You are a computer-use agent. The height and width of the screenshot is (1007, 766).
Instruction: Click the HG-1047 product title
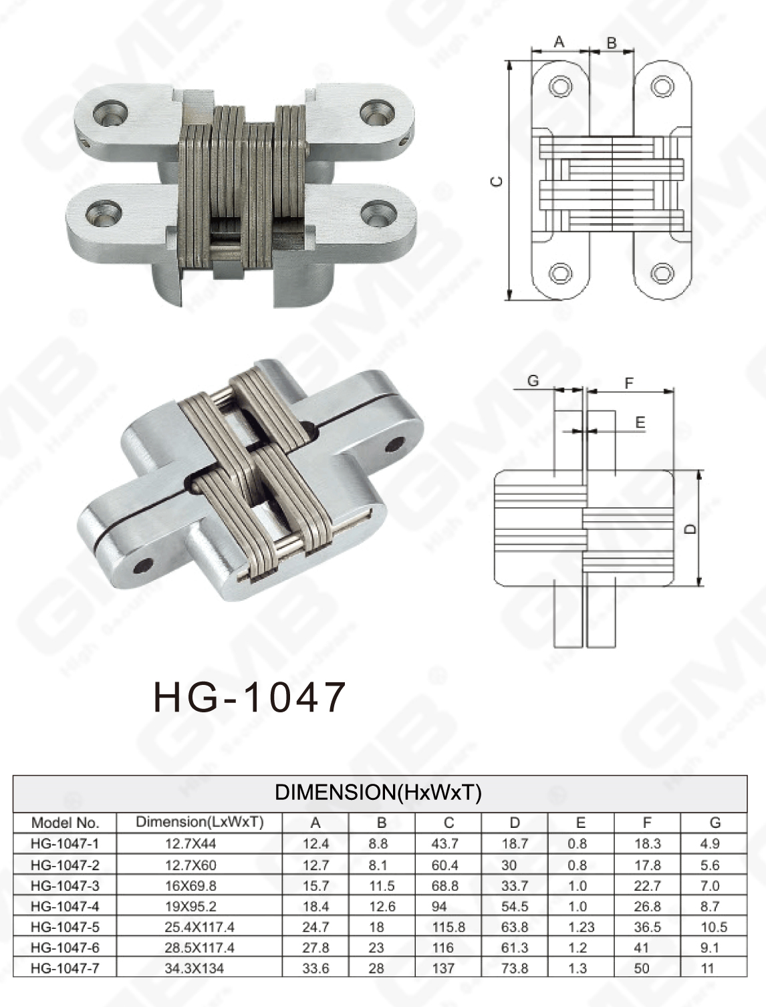tap(249, 697)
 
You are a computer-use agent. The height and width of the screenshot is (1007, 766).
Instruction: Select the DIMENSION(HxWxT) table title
tap(378, 793)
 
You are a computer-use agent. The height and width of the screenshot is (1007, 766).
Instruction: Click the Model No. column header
tap(65, 823)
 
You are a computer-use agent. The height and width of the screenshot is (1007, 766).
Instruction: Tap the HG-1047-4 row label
tap(65, 906)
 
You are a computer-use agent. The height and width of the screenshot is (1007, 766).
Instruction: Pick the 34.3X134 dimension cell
tap(195, 968)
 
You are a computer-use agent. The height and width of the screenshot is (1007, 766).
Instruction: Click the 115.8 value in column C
tap(448, 927)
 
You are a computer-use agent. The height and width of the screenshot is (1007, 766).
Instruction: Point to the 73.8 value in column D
tap(515, 968)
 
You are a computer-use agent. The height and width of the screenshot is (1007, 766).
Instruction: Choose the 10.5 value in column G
tap(714, 927)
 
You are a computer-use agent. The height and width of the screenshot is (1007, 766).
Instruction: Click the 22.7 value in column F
tap(647, 885)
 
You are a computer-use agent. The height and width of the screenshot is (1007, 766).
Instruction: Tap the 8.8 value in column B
tap(378, 844)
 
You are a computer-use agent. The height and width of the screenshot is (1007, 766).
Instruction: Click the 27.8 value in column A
tap(315, 948)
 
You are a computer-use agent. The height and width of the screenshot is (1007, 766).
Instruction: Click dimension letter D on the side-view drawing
tap(691, 529)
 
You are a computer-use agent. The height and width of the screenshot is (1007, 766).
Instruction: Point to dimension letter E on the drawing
tap(640, 422)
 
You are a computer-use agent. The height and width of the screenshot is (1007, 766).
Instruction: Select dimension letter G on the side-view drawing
tap(533, 381)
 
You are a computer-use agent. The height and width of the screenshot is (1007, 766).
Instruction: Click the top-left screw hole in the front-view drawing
tap(560, 87)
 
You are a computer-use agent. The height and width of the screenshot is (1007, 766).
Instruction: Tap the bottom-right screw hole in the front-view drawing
tap(662, 273)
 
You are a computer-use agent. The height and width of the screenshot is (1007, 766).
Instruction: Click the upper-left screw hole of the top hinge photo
tap(110, 112)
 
